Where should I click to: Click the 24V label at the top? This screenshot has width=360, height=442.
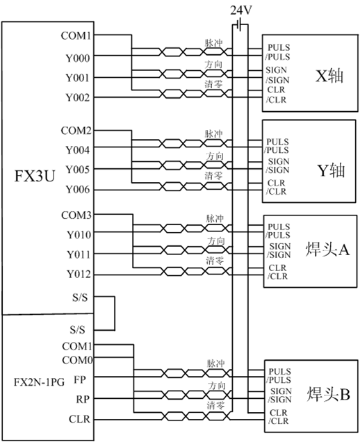[x=240, y=10]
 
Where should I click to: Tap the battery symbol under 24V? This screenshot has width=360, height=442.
[x=240, y=24]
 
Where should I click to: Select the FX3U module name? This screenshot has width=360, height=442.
[x=34, y=176]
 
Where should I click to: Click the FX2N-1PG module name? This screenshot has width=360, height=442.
[x=39, y=382]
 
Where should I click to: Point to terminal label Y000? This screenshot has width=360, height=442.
[x=78, y=58]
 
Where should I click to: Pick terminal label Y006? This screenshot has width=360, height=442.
[x=78, y=190]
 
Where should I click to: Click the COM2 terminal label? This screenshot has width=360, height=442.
[x=76, y=131]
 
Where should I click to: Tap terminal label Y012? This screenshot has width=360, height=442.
[x=79, y=274]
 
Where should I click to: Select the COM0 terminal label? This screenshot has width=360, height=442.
[x=77, y=360]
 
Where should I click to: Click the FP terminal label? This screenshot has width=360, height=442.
[x=79, y=379]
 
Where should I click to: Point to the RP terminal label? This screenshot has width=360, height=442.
[x=83, y=399]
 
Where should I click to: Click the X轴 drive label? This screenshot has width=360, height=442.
[x=329, y=76]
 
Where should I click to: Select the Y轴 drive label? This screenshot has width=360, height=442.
[x=331, y=170]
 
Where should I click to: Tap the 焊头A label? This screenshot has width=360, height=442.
[x=327, y=249]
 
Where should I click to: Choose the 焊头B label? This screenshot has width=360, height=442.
[x=329, y=394]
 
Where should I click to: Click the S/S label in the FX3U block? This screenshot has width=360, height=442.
[x=80, y=297]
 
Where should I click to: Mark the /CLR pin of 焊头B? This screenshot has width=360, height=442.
[x=279, y=421]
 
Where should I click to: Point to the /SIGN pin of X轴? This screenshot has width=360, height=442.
[x=277, y=80]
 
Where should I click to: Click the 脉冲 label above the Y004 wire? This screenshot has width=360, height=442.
[x=213, y=133]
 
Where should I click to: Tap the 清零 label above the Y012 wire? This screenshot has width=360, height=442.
[x=215, y=261]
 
